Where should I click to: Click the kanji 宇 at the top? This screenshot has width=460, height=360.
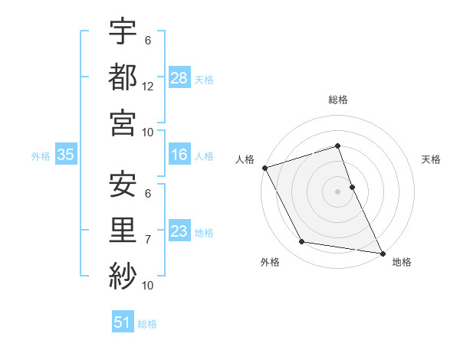(x=123, y=33)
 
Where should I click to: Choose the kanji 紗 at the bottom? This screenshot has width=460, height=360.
(x=123, y=274)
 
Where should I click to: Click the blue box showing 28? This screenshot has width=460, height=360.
(x=179, y=78)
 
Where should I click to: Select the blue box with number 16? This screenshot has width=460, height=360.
(x=179, y=155)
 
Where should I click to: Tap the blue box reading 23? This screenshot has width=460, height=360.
(x=179, y=232)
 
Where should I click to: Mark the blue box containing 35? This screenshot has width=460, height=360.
(x=66, y=155)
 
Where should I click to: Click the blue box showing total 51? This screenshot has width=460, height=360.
(x=123, y=322)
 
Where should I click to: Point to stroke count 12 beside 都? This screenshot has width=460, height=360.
(x=148, y=87)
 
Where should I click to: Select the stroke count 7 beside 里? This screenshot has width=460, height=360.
(x=148, y=240)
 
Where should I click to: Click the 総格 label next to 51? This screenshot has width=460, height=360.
(x=147, y=324)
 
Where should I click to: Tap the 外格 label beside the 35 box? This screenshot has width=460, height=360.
(x=41, y=156)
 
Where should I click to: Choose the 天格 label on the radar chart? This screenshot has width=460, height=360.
(x=432, y=159)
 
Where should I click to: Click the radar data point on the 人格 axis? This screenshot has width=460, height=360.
(x=264, y=167)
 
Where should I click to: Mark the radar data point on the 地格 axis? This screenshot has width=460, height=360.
(x=382, y=253)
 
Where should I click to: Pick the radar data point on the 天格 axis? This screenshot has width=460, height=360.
(x=352, y=186)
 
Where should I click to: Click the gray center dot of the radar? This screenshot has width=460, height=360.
(x=337, y=191)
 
